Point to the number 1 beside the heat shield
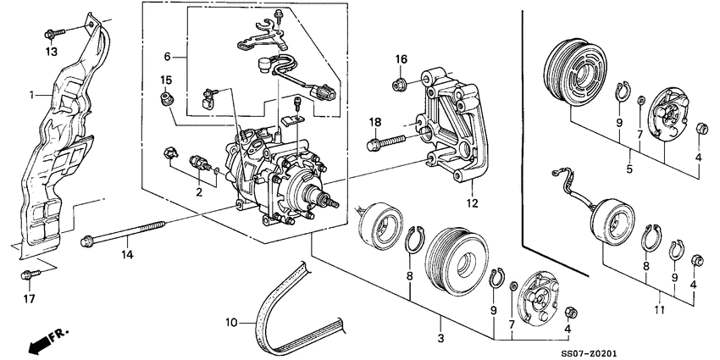[31, 95]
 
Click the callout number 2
[200, 191]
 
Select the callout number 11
[661, 296]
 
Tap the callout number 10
[230, 322]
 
